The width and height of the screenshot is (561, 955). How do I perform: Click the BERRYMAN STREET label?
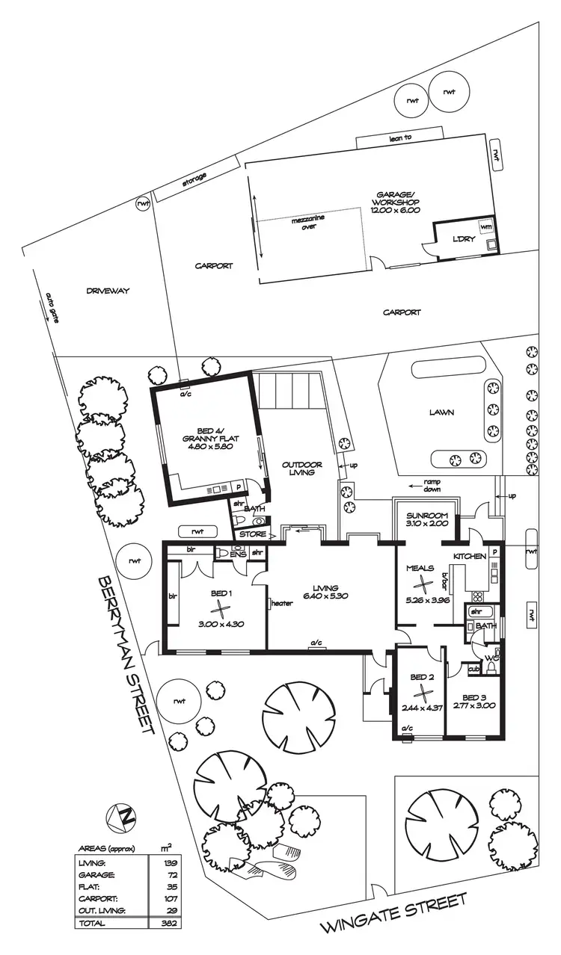(x=126, y=654)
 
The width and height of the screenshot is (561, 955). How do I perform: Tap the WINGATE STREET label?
(x=393, y=912)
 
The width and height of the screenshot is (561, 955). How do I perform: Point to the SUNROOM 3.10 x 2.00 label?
(x=426, y=520)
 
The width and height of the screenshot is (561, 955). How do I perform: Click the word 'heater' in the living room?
(x=283, y=603)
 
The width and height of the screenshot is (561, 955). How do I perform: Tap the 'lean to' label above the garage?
(x=400, y=138)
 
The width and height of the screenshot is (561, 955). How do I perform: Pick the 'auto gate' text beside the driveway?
(x=52, y=306)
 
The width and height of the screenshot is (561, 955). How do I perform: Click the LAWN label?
(x=441, y=411)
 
